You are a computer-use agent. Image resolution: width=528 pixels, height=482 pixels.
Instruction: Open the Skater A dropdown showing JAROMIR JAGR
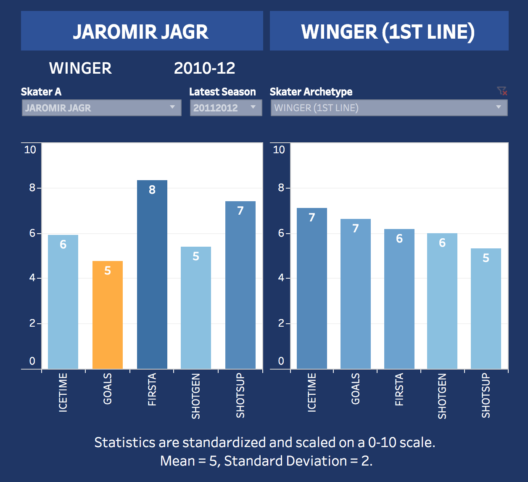101,108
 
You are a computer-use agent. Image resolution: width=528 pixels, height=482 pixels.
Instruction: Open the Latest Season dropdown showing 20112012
226,108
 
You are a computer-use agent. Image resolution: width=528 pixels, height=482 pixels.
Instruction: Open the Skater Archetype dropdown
389,108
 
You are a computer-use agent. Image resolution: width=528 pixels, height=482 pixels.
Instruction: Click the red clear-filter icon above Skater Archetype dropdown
502,91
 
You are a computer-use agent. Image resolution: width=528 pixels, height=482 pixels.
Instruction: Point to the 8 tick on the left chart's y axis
32,188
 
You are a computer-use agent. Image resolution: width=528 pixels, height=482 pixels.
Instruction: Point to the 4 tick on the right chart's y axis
281,278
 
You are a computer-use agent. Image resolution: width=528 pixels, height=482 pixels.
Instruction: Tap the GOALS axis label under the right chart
356,389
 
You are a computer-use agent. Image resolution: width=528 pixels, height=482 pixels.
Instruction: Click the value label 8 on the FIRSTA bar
152,190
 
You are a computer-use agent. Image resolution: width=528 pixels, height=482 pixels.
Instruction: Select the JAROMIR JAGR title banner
142,31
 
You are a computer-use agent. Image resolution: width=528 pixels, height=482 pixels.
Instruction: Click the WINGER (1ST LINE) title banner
389,31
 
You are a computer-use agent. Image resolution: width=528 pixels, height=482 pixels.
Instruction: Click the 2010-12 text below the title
205,68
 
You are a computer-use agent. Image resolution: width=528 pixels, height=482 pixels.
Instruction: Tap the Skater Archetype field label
311,92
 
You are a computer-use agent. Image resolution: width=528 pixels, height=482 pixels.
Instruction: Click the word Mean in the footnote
177,461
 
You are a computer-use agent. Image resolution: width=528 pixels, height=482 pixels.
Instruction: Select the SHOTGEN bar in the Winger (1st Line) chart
442,301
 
